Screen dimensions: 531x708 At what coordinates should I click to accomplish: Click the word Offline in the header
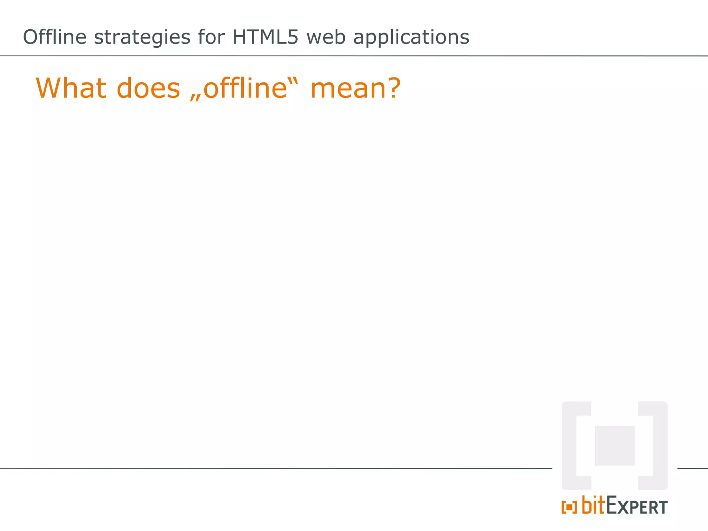click(54, 37)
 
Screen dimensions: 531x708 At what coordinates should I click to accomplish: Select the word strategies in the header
click(142, 38)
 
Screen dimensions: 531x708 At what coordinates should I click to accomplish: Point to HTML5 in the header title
click(265, 37)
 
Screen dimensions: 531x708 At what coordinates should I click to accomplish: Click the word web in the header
click(326, 37)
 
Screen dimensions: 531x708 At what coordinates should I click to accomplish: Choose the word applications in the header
click(411, 38)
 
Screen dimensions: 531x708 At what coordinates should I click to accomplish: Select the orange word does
click(148, 88)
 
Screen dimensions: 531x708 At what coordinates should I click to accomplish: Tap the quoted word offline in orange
click(245, 88)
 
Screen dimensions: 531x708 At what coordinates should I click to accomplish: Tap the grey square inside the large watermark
click(614, 446)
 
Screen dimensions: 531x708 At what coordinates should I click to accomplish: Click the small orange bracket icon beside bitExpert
click(569, 507)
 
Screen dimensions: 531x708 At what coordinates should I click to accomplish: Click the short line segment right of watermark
click(692, 468)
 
